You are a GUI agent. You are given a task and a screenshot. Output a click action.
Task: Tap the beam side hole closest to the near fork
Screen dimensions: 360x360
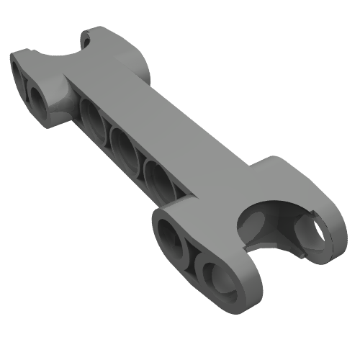(159, 178)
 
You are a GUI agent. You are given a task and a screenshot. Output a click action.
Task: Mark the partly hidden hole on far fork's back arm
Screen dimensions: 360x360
(87, 39)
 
